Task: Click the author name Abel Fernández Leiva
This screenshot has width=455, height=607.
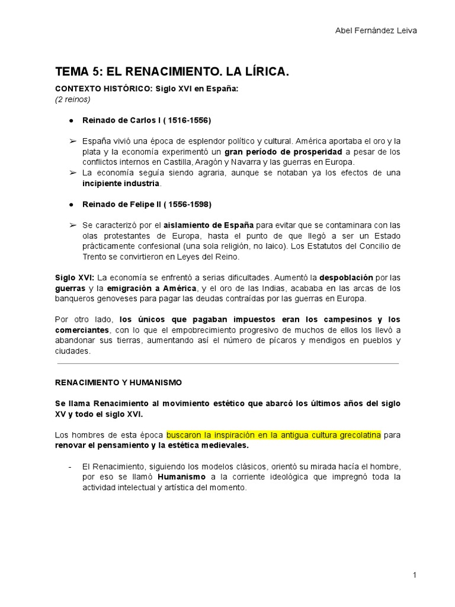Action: [x=376, y=31]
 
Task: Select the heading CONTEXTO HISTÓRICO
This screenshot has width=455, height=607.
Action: [x=104, y=89]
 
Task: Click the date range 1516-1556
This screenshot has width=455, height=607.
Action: [x=183, y=120]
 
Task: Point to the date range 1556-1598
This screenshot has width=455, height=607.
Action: [x=183, y=205]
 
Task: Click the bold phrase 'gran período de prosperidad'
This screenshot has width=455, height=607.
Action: [x=283, y=152]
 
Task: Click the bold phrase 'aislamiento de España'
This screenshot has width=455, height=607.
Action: [x=209, y=225]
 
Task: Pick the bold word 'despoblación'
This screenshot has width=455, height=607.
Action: [x=347, y=277]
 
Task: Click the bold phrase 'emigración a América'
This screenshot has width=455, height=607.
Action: [x=151, y=288]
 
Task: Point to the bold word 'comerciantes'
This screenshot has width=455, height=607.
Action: [x=82, y=330]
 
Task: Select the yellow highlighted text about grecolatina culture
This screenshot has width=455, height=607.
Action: [x=274, y=435]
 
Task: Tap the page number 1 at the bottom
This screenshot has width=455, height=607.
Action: [x=415, y=575]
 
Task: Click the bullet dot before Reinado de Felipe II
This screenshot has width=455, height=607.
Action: [x=71, y=205]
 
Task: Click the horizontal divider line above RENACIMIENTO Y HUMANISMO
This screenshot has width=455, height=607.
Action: [x=227, y=363]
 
